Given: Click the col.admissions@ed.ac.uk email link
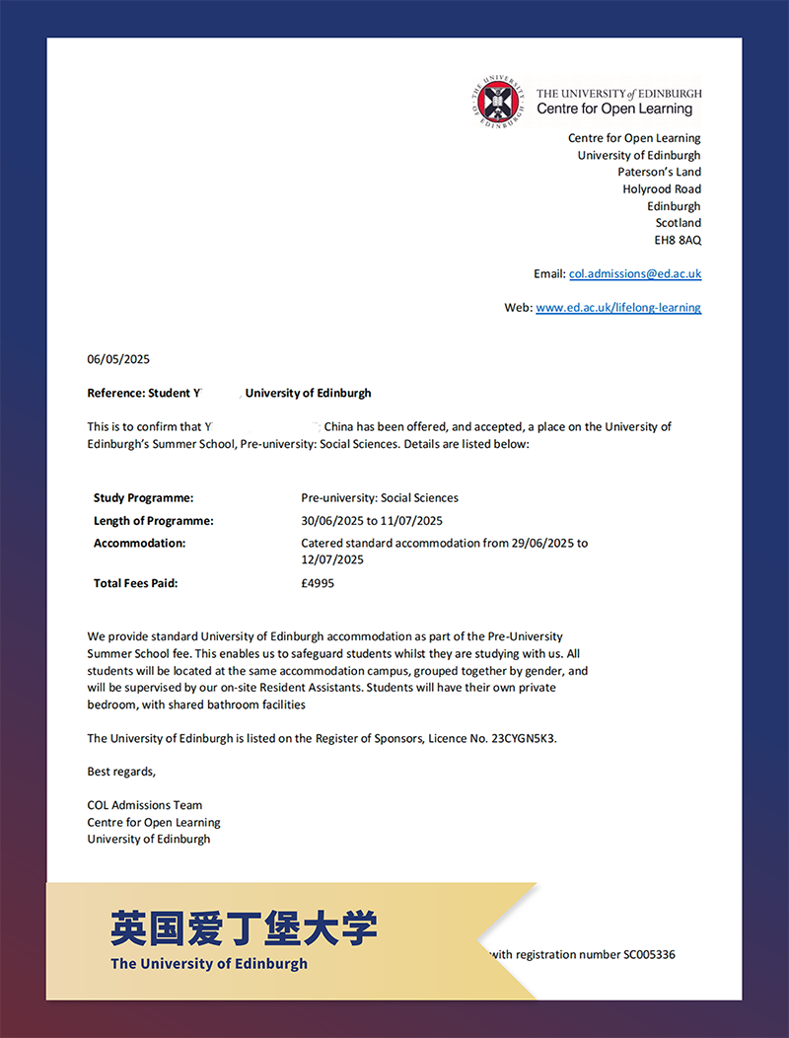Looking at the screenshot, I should coord(635,273).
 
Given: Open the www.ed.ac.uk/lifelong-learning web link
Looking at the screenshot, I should coord(618,307).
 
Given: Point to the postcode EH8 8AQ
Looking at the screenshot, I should coord(678,240).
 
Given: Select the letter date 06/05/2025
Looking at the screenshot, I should coord(118,359).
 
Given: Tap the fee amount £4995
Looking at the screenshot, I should coord(318,583).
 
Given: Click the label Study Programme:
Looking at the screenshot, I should coord(143,498).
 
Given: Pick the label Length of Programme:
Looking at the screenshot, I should coord(153,521).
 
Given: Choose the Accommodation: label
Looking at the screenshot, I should coord(139,543).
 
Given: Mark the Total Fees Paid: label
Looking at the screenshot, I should coord(135,583).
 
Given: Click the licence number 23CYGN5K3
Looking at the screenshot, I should coord(523,738).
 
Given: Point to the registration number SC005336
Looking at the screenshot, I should coord(649,954).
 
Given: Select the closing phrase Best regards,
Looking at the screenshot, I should coord(121,772).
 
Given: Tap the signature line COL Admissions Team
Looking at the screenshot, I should coord(144,805).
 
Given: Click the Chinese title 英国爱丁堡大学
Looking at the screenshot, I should coord(244,927).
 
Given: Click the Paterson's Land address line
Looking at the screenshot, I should coord(659,172).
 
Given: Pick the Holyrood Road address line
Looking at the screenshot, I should coord(661,188).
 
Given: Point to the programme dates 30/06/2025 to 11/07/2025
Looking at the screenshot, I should coord(372,521).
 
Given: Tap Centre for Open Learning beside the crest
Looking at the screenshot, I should coord(614,110).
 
